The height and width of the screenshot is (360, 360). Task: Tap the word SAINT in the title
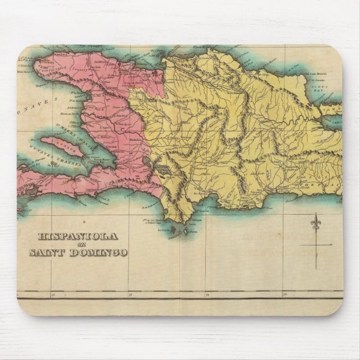47,252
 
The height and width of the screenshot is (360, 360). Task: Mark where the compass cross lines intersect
315,244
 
